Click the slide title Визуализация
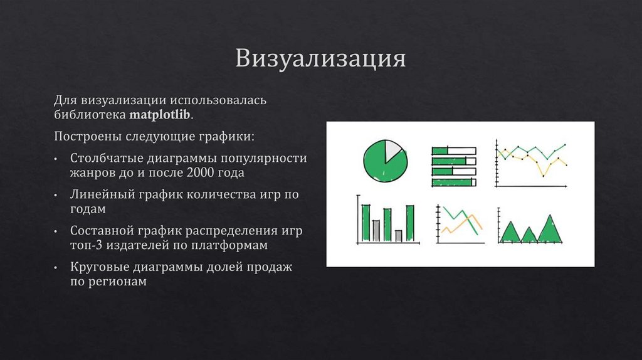(x=320, y=59)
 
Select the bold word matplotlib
(x=161, y=115)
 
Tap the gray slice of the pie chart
(x=392, y=151)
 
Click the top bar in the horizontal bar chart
(x=453, y=151)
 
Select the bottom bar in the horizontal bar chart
(x=453, y=183)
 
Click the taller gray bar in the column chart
(x=376, y=230)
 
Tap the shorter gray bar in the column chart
(x=398, y=236)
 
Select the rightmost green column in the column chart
(x=409, y=223)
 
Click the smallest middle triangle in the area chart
(x=529, y=236)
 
